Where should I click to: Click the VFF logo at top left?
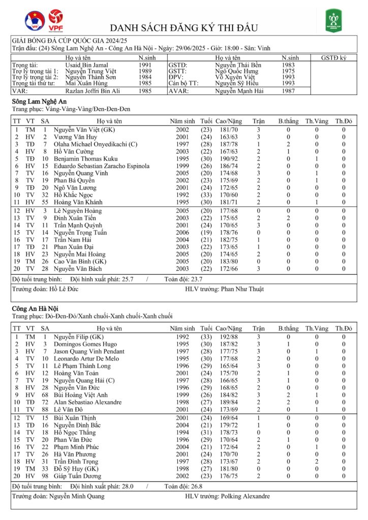coord(35,21)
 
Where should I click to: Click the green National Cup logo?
coord(333,21)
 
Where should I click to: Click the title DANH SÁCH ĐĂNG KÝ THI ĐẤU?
coord(184,27)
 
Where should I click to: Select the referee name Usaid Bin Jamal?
coord(87,65)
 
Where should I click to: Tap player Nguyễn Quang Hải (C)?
coord(81,380)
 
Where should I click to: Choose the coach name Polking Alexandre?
coord(245,496)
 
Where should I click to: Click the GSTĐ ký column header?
coord(333,58)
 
